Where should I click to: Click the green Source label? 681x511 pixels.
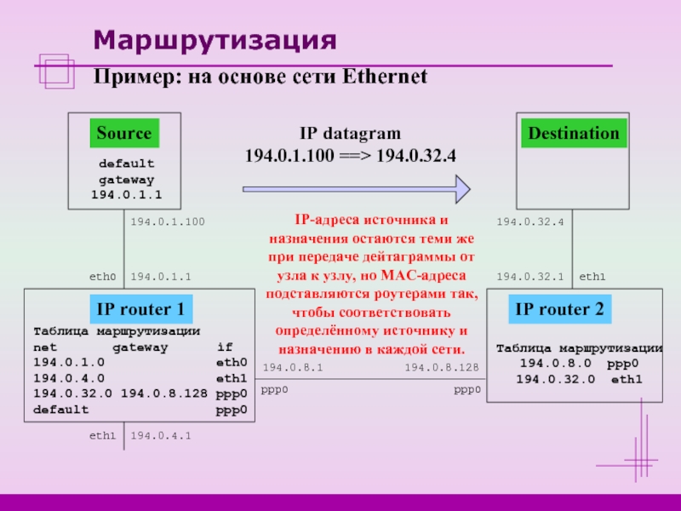[124, 134]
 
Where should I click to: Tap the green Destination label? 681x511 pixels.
[574, 134]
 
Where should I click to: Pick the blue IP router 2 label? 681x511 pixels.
[558, 310]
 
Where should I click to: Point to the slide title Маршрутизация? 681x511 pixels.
[215, 39]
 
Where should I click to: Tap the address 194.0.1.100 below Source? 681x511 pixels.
[168, 221]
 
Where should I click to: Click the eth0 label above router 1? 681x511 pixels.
[102, 277]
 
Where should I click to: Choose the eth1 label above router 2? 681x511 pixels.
[592, 277]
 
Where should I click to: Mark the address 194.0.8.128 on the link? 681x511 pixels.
[441, 368]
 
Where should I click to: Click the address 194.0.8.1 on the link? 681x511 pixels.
[292, 368]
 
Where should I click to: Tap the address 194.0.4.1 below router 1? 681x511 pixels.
[161, 436]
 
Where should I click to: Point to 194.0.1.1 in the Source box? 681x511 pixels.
[126, 195]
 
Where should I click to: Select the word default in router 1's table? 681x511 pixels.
[60, 409]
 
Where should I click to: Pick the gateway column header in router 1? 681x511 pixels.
[140, 347]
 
